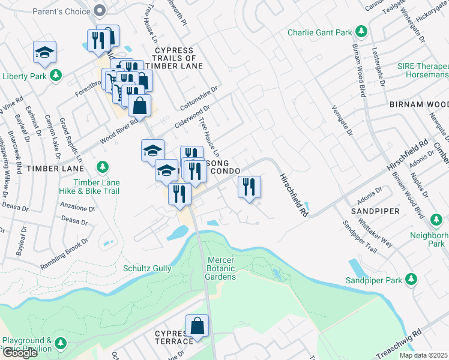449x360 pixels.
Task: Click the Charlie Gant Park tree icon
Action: pos(361,31)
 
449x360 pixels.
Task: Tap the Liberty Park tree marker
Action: pos(56,76)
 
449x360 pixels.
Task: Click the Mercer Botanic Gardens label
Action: pos(220,268)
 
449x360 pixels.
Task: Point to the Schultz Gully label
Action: pos(147,268)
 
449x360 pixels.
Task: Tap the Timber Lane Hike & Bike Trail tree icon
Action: pos(103,166)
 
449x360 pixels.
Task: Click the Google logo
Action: pos(20,353)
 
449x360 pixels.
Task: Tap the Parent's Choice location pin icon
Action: pos(100,10)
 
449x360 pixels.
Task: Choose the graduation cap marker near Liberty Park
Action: pos(44,53)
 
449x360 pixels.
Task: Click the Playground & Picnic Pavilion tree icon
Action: pos(60,343)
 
